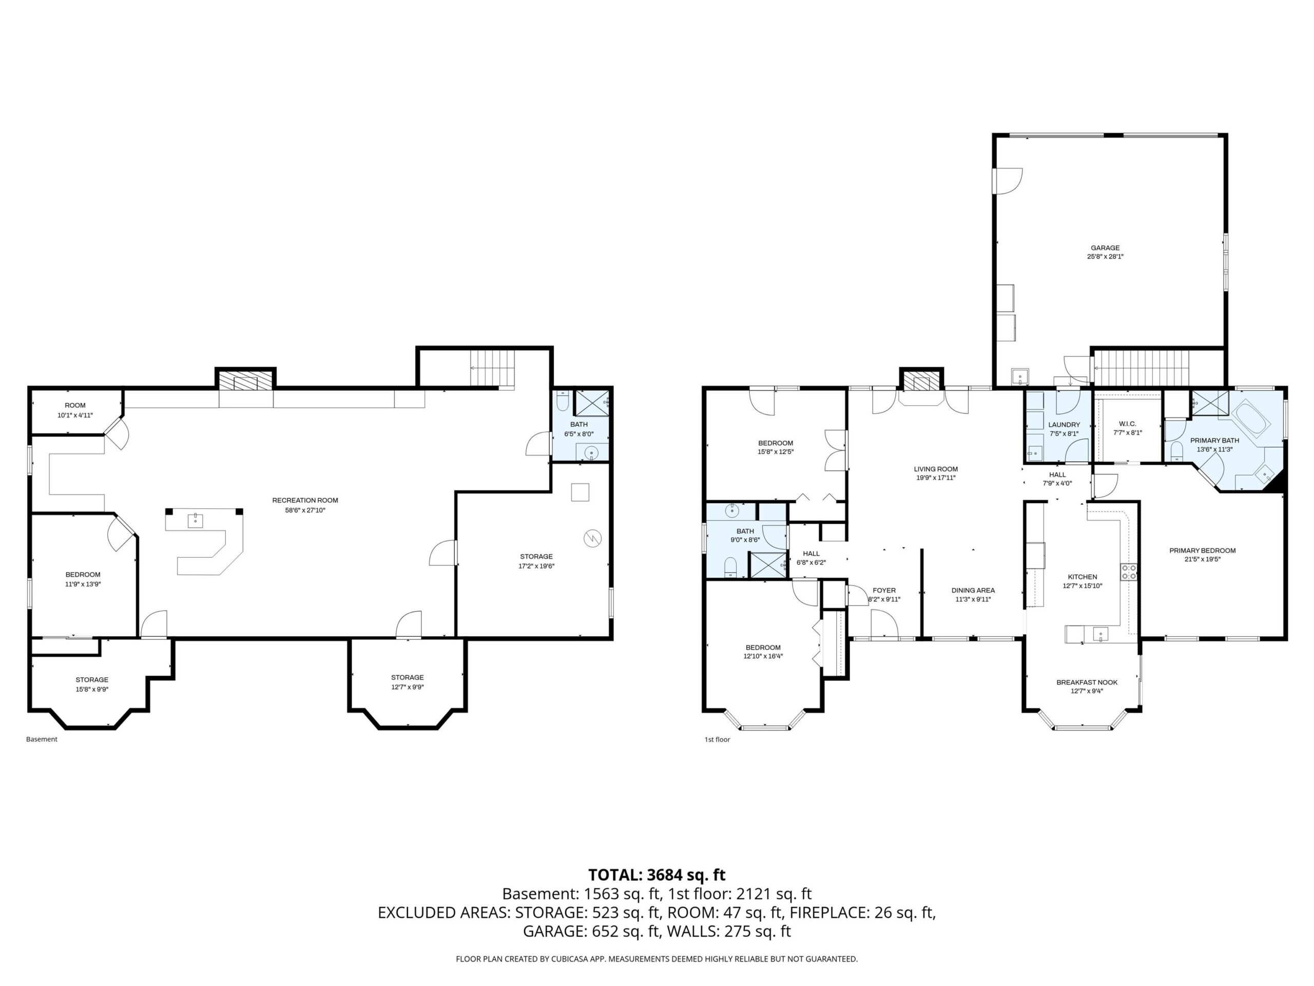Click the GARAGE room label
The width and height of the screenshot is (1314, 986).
(x=1105, y=248)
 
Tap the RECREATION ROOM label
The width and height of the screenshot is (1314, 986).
(x=305, y=500)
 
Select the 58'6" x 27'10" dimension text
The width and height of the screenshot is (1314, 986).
(x=305, y=510)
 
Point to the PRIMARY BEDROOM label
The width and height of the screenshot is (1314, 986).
(x=1202, y=551)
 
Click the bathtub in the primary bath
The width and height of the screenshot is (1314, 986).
(x=1250, y=419)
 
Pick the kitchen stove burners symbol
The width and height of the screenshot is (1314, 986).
(x=1129, y=572)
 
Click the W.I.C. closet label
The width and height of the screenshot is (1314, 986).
(x=1128, y=424)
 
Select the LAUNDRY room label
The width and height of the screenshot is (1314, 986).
(x=1064, y=424)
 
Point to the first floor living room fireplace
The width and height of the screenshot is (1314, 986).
(x=921, y=382)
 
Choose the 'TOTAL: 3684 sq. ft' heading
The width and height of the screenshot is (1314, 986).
(x=657, y=875)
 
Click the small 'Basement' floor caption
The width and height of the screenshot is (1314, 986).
(x=42, y=739)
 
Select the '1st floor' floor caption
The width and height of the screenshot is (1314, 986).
(x=717, y=739)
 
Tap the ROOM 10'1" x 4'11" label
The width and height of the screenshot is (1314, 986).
(x=75, y=410)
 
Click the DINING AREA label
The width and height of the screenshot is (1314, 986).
(x=973, y=590)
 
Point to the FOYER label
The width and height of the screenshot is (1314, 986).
(x=884, y=590)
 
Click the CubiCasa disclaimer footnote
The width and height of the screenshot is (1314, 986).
(x=657, y=959)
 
